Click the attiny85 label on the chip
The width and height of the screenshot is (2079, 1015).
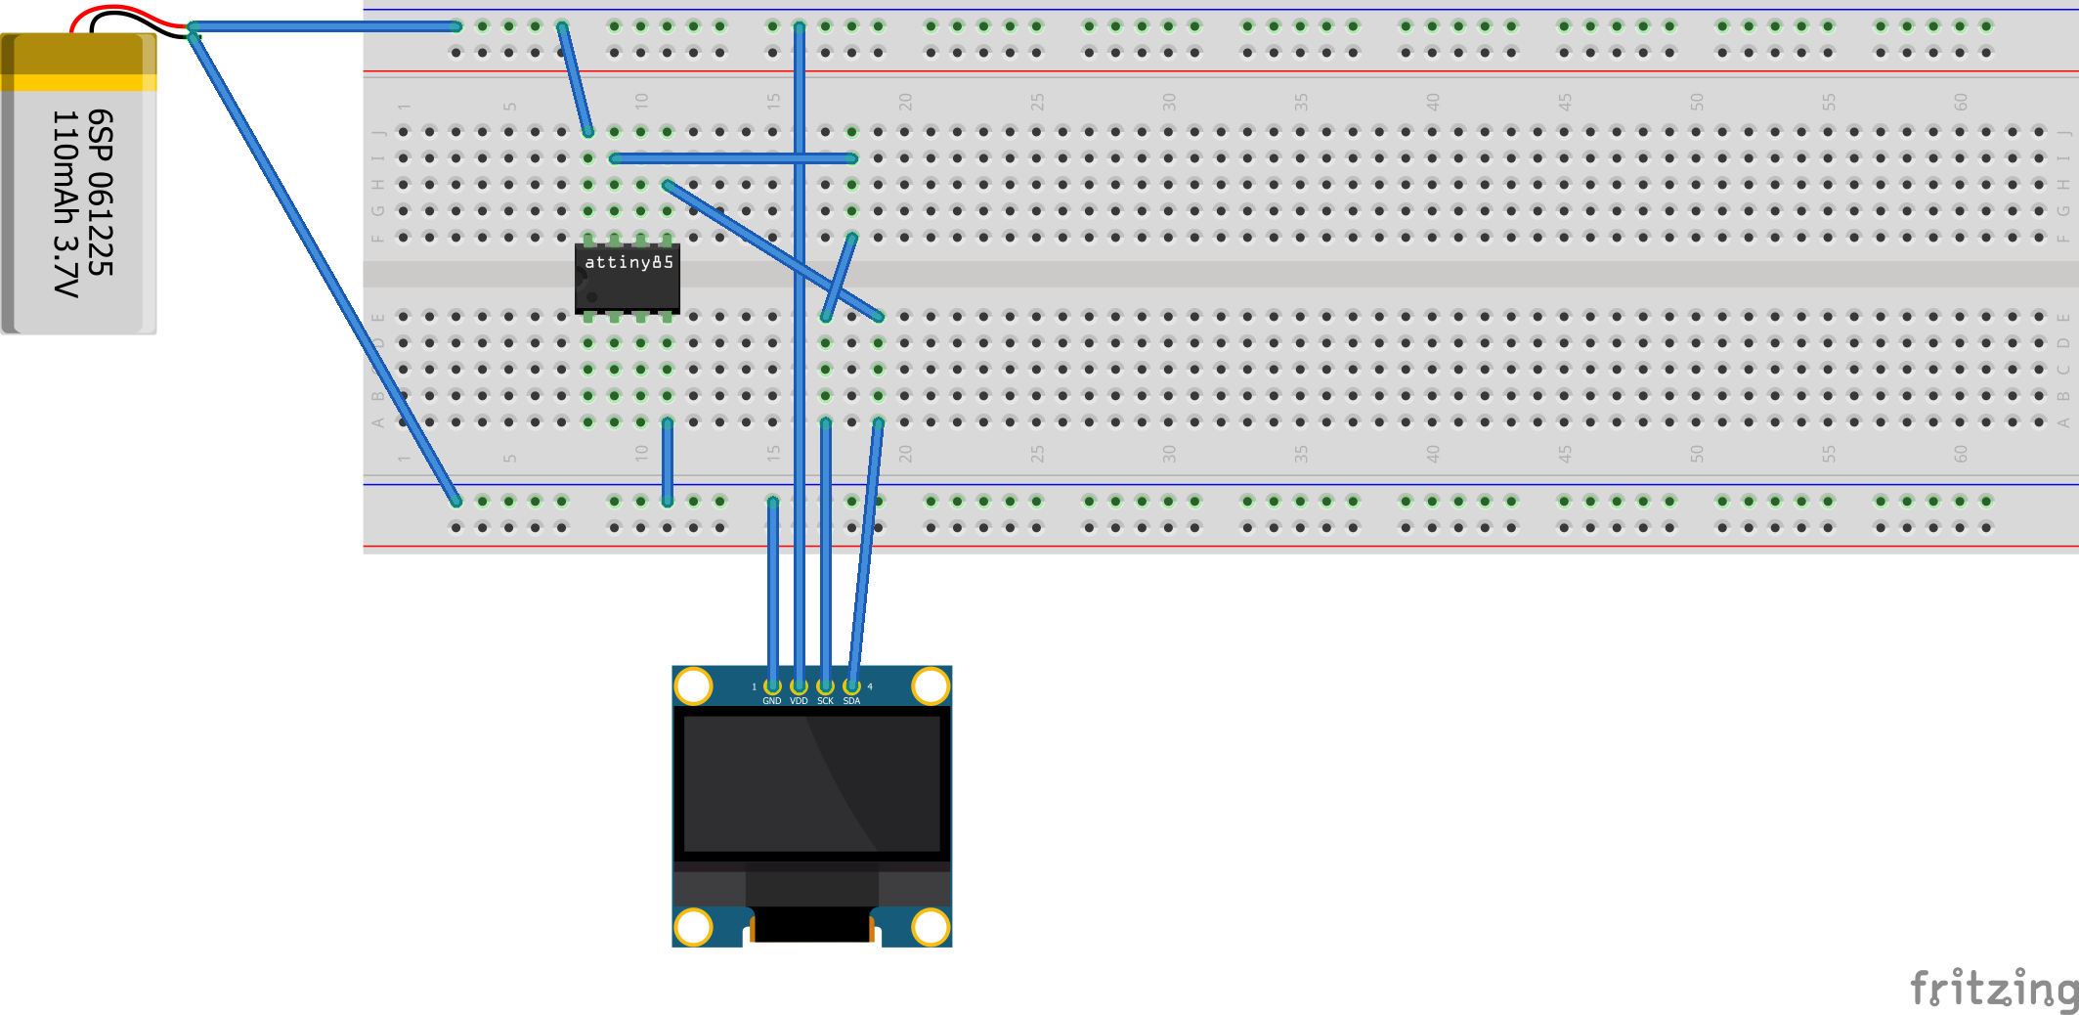(628, 262)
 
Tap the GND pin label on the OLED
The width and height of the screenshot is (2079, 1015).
(772, 701)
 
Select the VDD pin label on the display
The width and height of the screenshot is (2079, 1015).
(799, 701)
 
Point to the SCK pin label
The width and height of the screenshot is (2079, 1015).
(825, 701)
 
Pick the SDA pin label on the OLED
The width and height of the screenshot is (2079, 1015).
(851, 701)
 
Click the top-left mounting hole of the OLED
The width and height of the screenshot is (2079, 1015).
(693, 685)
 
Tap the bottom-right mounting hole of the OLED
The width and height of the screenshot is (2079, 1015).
(931, 927)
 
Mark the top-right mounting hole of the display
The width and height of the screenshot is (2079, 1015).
(931, 685)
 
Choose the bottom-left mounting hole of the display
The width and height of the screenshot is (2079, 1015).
(693, 927)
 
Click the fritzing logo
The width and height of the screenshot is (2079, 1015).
(1994, 990)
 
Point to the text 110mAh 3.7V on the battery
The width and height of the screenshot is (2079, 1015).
(65, 203)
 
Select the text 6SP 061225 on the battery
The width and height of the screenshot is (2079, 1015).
(100, 193)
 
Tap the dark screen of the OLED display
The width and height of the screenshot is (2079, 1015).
(811, 783)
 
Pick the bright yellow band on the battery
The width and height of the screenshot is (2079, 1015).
(78, 83)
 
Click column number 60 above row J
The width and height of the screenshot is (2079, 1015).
(1960, 102)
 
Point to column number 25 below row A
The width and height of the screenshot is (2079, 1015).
(1036, 454)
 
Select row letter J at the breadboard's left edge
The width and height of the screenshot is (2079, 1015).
(378, 132)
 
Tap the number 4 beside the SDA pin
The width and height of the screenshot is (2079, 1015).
(870, 687)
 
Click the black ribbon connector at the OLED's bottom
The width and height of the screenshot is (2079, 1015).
(811, 924)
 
